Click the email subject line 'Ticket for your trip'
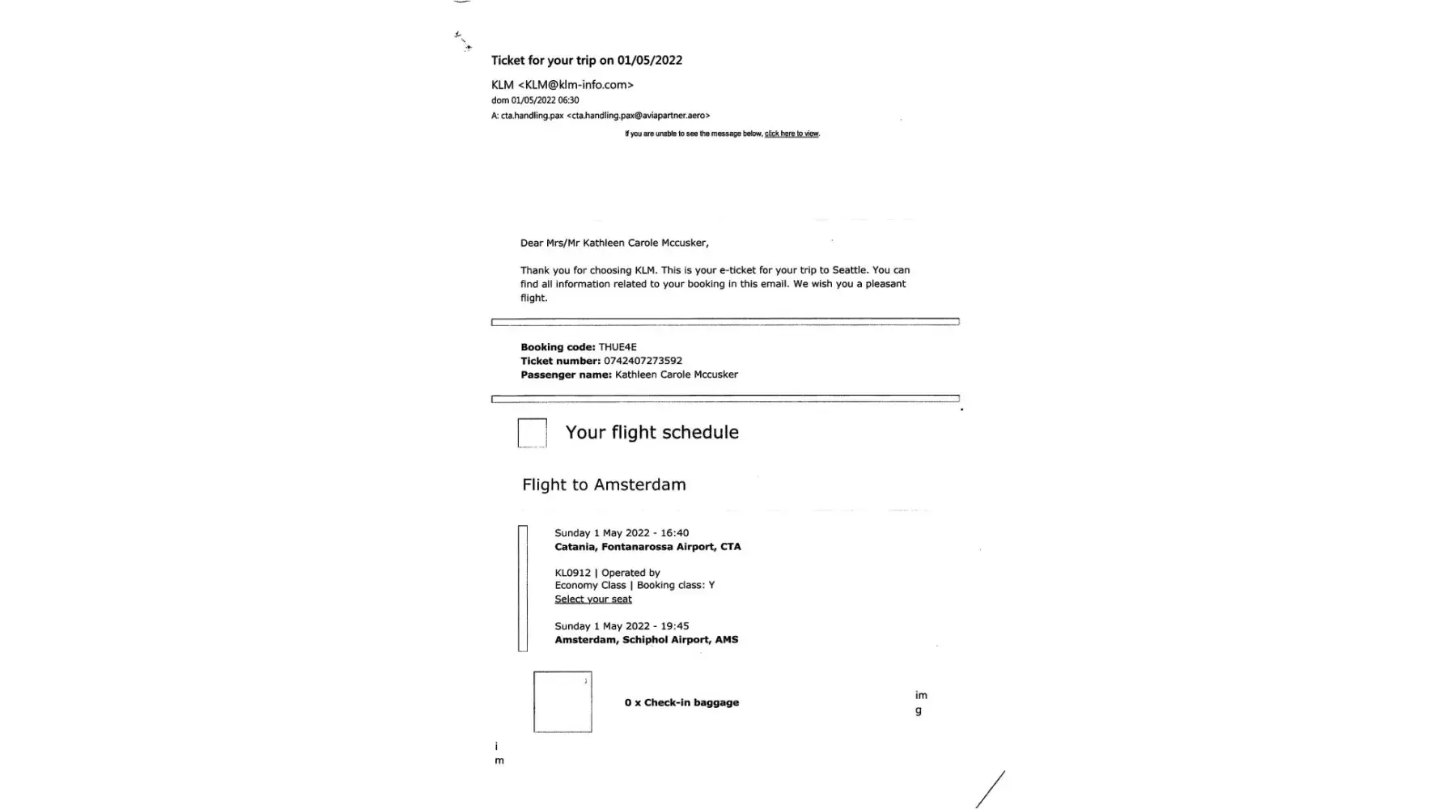click(586, 61)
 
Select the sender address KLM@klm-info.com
click(575, 85)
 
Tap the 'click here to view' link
click(791, 134)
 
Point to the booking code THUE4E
click(617, 347)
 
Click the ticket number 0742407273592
click(643, 361)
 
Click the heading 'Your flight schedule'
click(652, 433)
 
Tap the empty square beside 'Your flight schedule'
click(532, 433)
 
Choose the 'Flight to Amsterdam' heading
click(604, 485)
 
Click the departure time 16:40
click(674, 533)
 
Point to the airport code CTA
click(730, 547)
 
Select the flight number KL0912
click(572, 573)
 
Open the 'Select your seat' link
click(593, 599)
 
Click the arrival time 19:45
click(674, 626)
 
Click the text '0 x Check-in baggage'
click(681, 703)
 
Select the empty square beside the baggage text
click(562, 702)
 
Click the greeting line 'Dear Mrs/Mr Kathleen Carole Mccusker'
click(614, 243)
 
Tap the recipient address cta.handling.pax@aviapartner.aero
click(638, 116)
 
